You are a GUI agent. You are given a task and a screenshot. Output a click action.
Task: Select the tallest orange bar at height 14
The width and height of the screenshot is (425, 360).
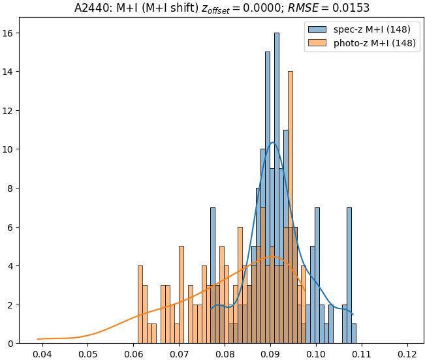pos(290,209)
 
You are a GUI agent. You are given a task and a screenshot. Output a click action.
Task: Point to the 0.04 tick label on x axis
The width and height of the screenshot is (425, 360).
pos(42,353)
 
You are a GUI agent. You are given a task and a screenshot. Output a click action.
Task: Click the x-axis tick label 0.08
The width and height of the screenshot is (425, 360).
pos(225,353)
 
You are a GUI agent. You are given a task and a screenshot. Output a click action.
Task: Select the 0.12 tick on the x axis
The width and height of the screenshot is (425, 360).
pos(407,353)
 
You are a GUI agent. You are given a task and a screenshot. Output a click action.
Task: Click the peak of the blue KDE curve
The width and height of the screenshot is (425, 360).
pos(272,142)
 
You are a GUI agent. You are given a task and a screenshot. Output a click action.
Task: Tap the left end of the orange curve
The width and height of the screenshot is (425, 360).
pos(38,339)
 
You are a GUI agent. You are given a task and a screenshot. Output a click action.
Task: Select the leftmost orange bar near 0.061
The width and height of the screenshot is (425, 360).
pos(140,305)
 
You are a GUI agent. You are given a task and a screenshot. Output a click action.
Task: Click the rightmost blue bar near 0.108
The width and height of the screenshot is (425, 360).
pos(354,333)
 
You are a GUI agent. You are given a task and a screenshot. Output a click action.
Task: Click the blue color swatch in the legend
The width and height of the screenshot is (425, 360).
pos(318,29)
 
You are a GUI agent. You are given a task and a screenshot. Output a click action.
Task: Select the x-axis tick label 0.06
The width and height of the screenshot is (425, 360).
pos(133,353)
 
